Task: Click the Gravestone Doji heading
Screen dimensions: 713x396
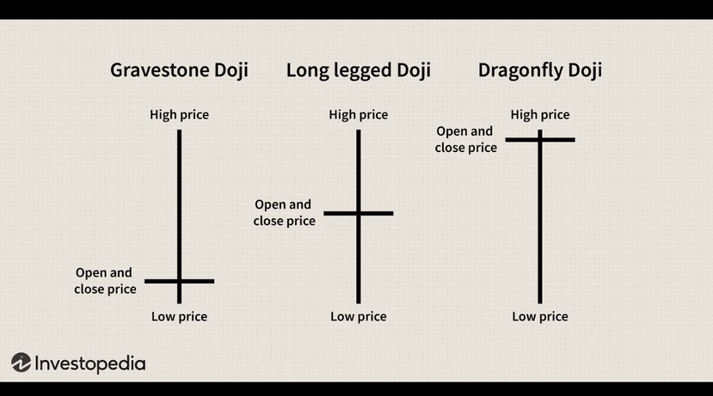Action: coord(179,70)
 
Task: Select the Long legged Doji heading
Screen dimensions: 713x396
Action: coord(358,70)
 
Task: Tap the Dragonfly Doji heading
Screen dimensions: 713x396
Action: coord(539,70)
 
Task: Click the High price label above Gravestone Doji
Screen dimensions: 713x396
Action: coord(179,114)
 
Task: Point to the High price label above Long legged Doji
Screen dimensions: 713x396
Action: coord(358,114)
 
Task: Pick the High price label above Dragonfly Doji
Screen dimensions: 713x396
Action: coord(540,114)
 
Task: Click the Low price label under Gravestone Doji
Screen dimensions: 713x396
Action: coord(179,316)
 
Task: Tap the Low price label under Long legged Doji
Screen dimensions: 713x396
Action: coord(358,316)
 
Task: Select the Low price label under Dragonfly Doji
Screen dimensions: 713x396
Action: coord(540,316)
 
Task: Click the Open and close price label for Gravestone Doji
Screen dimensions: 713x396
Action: coord(105,281)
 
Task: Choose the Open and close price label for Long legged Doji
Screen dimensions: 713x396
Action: coord(284,212)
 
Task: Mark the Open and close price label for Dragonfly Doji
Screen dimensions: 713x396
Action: coord(465,139)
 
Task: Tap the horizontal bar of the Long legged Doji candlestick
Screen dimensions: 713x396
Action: coord(378,212)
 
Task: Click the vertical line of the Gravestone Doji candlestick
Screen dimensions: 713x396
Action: coord(179,198)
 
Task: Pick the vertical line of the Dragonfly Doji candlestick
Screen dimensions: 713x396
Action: coord(540,223)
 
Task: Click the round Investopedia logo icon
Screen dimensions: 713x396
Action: coord(22,362)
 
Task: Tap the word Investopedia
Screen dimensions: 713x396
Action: coord(89,363)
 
